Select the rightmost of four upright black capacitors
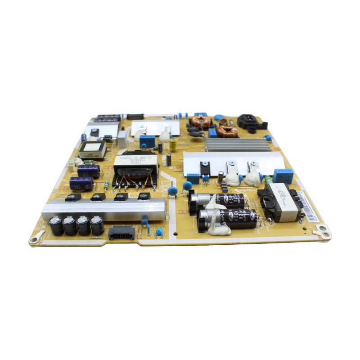coord(97,225)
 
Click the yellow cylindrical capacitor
coord(173,144)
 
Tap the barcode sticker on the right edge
coord(308,206)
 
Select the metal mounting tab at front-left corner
coord(36,237)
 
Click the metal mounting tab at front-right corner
coord(323,231)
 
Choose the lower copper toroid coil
coord(227,131)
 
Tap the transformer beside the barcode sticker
coord(282,202)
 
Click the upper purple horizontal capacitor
coord(88,171)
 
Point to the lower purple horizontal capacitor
coord(82,183)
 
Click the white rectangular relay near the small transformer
coord(122,138)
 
